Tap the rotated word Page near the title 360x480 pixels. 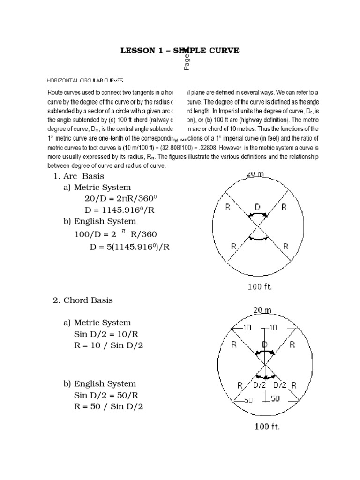[187, 60]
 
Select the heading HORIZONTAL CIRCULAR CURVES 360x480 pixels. [85, 81]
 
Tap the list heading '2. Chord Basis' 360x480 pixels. [83, 300]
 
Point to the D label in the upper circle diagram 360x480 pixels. [257, 206]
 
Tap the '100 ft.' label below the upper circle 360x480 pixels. [259, 287]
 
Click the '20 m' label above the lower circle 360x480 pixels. [262, 310]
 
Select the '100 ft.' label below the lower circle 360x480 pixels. [267, 427]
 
